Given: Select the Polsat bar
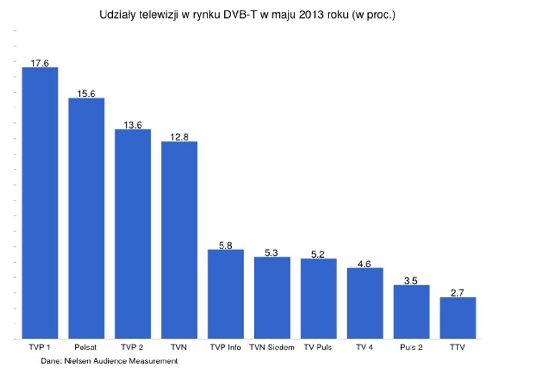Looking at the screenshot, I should [x=86, y=218].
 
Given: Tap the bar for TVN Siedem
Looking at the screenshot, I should [x=272, y=298].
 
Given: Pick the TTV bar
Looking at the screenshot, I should [x=458, y=318].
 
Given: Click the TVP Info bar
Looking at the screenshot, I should [x=225, y=294].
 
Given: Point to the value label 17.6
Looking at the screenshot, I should [x=40, y=63].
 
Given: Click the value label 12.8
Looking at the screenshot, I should [x=179, y=137].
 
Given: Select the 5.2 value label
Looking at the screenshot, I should [x=318, y=254].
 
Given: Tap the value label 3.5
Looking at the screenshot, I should [x=411, y=280].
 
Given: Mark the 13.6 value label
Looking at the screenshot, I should [x=132, y=125].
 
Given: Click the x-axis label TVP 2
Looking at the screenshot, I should [x=132, y=347].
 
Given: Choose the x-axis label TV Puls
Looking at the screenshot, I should [x=318, y=347].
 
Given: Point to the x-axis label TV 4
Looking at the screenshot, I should [x=364, y=347].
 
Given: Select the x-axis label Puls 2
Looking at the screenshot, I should [x=411, y=347].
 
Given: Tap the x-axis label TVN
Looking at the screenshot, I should [x=179, y=347].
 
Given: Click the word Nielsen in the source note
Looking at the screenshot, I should [x=79, y=361].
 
